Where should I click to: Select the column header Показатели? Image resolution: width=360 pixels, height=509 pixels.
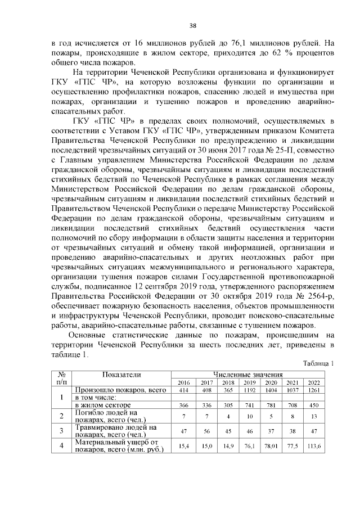click(121, 374)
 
